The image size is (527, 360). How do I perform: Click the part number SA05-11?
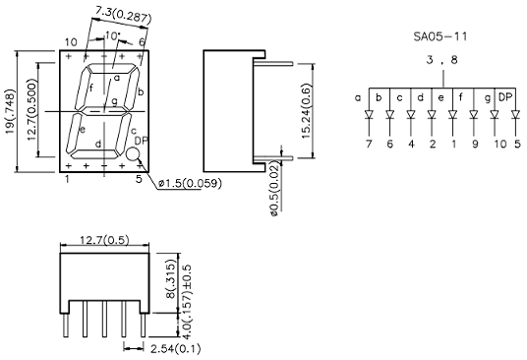tap(439, 36)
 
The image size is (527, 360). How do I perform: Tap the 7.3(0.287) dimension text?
tap(123, 15)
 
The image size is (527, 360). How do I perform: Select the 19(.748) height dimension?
tap(11, 111)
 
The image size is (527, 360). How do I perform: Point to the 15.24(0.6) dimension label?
tap(307, 110)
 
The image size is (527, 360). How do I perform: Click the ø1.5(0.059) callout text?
tap(190, 184)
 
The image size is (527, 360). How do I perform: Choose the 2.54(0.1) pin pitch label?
tap(175, 348)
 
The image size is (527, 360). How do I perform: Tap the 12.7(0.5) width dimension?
tap(104, 240)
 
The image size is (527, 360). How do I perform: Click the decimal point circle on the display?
tap(133, 154)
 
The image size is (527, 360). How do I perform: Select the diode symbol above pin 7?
tap(369, 115)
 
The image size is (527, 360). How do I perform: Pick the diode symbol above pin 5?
tap(515, 115)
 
